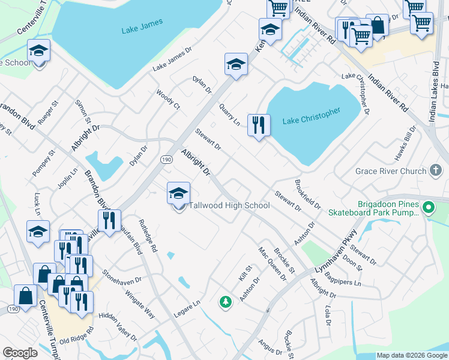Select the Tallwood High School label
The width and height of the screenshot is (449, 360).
(x=229, y=206)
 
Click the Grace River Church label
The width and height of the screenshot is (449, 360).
(x=391, y=171)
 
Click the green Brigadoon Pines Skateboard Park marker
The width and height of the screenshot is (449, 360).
(x=428, y=208)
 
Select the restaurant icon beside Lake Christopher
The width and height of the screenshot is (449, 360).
(x=259, y=125)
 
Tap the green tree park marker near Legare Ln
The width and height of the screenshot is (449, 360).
(x=226, y=302)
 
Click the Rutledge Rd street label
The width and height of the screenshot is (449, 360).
(x=148, y=235)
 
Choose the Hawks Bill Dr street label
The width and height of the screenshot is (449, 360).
(x=405, y=144)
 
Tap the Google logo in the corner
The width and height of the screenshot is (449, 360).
(x=20, y=353)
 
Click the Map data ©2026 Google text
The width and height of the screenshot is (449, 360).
(x=412, y=355)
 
